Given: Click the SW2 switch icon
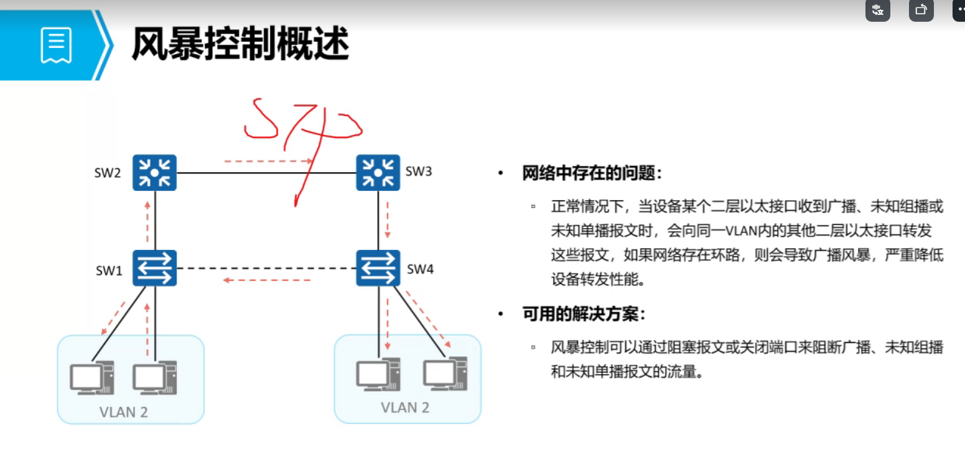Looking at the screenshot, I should click(154, 172).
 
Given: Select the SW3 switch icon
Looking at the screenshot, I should click(378, 172).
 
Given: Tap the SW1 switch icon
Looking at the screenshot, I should click(154, 268).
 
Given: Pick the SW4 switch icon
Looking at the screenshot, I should click(378, 268).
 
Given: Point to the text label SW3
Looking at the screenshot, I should click(419, 171).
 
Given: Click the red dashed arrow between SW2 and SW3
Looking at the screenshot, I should click(268, 161).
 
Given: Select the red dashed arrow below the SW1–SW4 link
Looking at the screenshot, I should click(267, 280).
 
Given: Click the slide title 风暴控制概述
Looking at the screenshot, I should click(240, 45).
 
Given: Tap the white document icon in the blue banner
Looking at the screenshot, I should click(56, 45).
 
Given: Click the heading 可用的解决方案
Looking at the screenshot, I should click(584, 315).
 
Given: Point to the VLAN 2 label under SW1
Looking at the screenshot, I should click(124, 412).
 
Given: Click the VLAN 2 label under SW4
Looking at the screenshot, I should click(405, 408).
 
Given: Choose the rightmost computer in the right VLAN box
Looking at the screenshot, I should click(444, 373).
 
